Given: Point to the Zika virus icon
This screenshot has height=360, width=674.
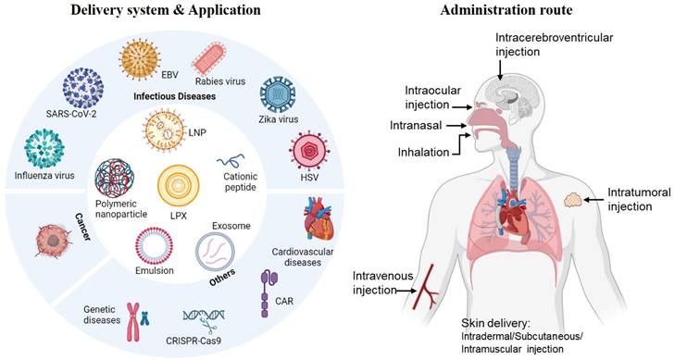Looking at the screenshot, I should pos(279,96).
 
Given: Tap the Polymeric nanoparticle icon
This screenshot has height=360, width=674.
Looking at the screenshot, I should pos(116,180).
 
